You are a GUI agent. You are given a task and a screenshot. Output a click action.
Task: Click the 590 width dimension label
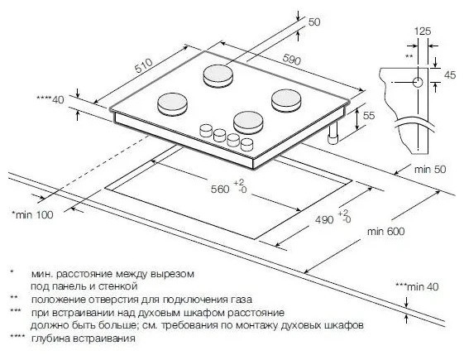(291, 60)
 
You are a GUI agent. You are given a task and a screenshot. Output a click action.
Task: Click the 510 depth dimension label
(144, 65)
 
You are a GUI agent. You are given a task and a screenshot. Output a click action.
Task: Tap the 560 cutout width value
(220, 189)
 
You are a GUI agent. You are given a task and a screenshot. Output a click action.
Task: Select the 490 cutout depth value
(324, 219)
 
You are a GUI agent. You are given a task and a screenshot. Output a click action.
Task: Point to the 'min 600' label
(385, 231)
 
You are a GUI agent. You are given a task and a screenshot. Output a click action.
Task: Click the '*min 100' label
(32, 214)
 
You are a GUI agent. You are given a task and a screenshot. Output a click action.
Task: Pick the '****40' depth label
(50, 99)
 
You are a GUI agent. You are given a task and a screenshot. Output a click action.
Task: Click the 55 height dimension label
(369, 115)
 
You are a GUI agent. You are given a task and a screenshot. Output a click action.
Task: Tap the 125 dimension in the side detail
(423, 31)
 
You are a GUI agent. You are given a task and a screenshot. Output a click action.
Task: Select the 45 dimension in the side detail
(450, 75)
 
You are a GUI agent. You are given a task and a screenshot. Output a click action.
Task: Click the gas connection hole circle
(418, 82)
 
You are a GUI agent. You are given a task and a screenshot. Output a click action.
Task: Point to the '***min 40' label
(417, 286)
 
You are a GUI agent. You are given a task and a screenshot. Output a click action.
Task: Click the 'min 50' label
(429, 170)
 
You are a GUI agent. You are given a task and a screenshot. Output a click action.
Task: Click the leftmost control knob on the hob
(206, 130)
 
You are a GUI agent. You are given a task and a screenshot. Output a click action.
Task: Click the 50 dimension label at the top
(314, 22)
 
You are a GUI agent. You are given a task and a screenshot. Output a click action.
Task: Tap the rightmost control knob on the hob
(246, 144)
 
